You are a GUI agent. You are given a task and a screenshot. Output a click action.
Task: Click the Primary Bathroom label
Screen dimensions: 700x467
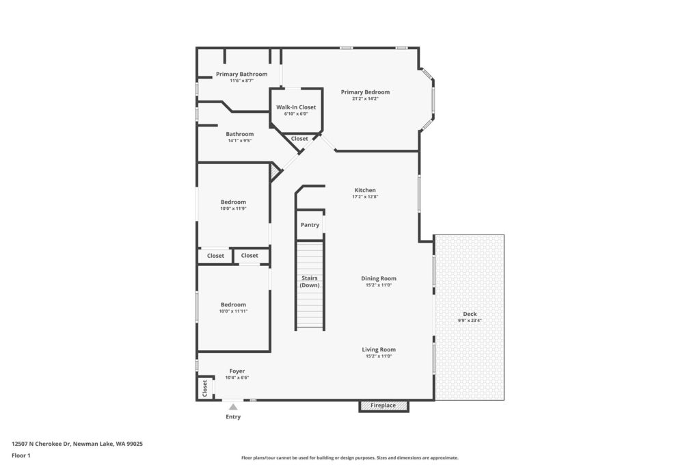[241, 74]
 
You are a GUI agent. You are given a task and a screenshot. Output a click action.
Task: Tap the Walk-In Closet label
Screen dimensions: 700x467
[296, 107]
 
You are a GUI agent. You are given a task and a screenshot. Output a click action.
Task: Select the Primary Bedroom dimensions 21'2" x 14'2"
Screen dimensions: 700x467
[365, 98]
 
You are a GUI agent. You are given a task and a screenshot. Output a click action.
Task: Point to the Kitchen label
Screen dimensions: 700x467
[365, 190]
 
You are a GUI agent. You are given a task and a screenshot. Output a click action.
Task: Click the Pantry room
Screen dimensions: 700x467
[310, 224]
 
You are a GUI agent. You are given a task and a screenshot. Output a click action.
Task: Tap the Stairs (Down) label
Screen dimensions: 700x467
[310, 281]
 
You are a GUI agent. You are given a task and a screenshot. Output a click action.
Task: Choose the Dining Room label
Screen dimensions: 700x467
[379, 278]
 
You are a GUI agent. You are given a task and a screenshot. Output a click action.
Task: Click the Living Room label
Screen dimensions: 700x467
[379, 349]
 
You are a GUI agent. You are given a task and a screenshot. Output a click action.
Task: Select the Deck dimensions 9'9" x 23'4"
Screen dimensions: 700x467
[470, 320]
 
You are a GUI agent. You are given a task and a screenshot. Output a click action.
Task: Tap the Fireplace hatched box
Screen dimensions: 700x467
[383, 405]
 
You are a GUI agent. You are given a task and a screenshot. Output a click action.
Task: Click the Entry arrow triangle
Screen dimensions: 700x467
[233, 407]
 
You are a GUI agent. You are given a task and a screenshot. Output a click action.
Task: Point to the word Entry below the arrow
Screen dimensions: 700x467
[233, 416]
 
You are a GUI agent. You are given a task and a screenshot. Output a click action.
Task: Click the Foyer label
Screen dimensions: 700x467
[237, 371]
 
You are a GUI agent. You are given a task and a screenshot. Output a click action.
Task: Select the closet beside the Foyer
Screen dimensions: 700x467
[205, 388]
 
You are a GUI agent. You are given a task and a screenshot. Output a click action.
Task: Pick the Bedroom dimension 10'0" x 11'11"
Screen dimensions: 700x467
[233, 311]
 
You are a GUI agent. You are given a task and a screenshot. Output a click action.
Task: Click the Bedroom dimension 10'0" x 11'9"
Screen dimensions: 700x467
[233, 209]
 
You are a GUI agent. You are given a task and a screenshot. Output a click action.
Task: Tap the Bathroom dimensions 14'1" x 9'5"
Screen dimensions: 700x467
[240, 141]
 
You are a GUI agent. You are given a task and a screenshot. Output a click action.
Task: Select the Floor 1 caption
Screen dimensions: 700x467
[21, 455]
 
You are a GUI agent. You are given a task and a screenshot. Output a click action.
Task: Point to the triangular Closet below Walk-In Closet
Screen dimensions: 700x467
[299, 139]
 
